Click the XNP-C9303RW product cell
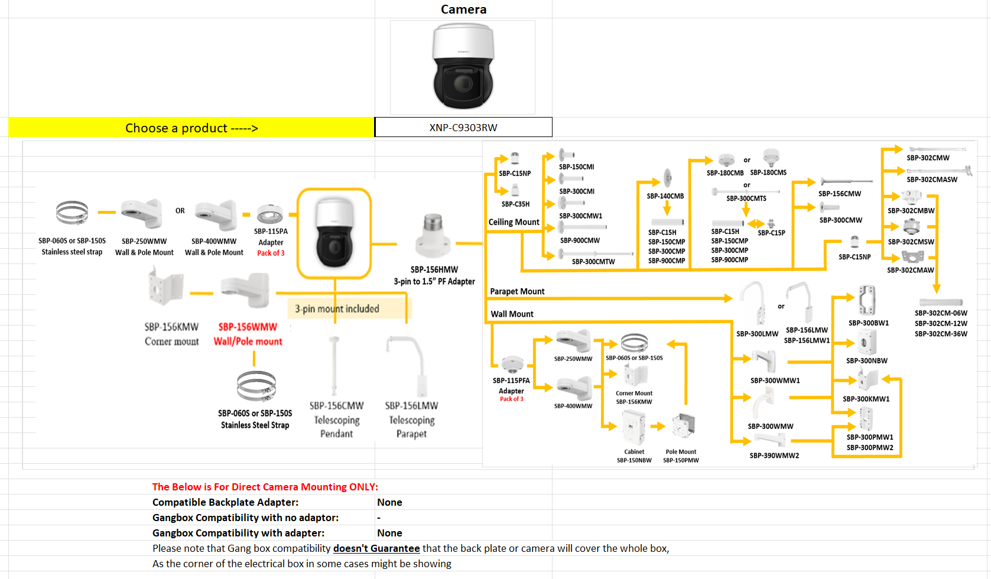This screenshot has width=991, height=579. (463, 128)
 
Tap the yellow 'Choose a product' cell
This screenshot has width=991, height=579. (191, 128)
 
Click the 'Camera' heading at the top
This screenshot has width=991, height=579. (463, 9)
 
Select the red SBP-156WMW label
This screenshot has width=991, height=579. (248, 327)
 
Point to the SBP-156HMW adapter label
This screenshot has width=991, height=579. (434, 269)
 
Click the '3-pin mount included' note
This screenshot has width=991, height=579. (337, 308)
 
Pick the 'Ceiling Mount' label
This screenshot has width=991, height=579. (514, 222)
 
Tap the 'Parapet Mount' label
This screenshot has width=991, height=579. (517, 291)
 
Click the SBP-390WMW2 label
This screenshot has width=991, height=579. (774, 456)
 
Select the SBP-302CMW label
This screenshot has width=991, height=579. (928, 158)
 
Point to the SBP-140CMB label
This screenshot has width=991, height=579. (665, 196)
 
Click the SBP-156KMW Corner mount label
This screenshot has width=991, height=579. (171, 334)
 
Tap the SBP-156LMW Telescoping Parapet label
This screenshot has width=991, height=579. (411, 419)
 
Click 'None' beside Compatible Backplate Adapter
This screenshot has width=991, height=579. (389, 502)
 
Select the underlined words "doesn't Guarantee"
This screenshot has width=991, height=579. (376, 548)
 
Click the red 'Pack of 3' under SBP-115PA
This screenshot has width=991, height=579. (271, 253)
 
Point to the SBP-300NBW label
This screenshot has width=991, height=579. (866, 360)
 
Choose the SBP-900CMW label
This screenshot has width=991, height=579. (580, 240)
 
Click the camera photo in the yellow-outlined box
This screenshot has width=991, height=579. (334, 233)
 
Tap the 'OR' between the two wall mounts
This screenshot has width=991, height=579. (180, 211)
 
